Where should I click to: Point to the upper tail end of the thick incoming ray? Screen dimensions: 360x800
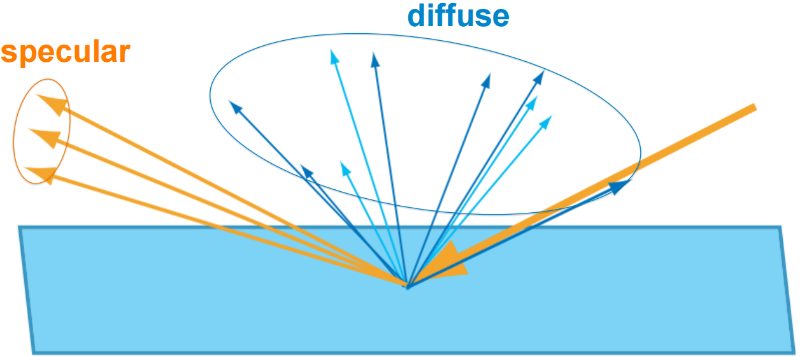tap(753, 108)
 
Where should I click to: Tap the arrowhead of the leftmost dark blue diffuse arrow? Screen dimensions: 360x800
tap(235, 108)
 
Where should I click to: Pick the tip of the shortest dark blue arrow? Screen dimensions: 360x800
tap(306, 170)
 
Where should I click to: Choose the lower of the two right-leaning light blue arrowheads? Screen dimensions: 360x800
tap(546, 120)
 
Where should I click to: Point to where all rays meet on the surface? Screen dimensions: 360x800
tap(406, 284)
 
